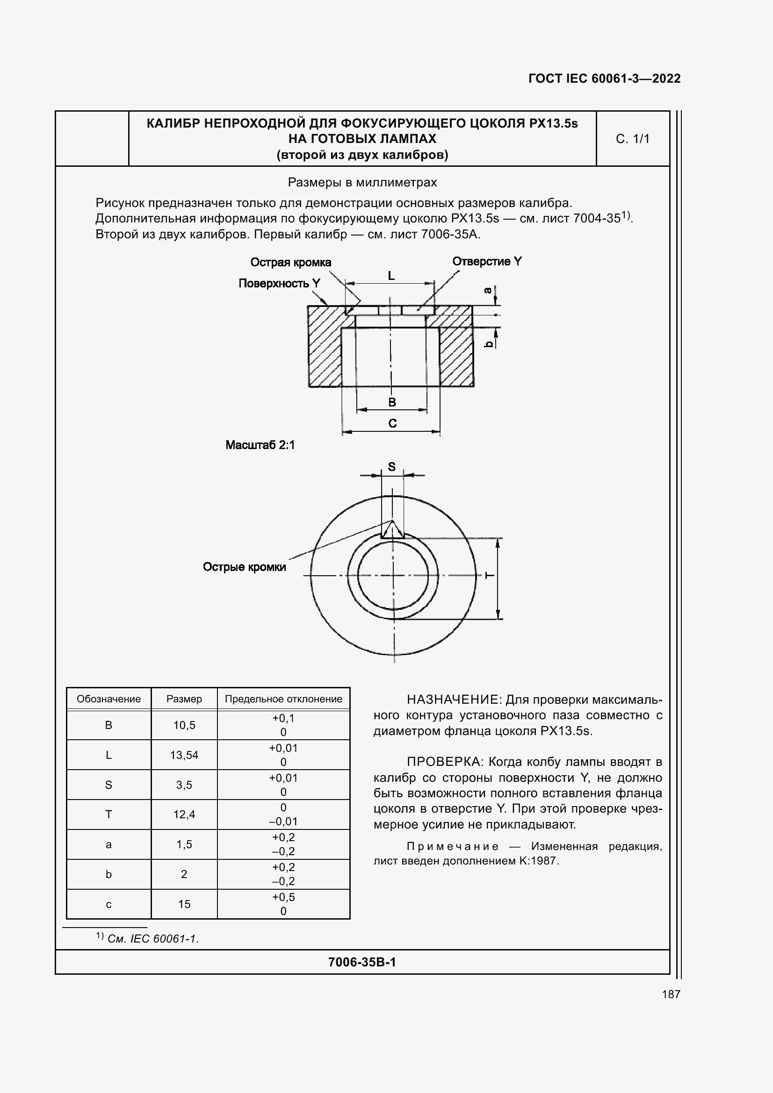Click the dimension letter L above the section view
point(391,276)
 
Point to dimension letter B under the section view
point(392,402)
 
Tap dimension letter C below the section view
point(392,423)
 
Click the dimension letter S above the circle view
point(391,466)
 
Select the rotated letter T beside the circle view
point(490,576)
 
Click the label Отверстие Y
point(487,261)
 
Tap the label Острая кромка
point(290,262)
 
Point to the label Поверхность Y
point(279,283)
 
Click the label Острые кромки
point(244,567)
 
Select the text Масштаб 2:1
point(260,445)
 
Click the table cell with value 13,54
point(184,755)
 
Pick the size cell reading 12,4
point(184,814)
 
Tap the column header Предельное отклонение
point(283,699)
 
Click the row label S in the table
point(108,785)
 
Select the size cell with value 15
point(184,904)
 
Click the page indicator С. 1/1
point(633,139)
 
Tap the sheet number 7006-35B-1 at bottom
point(362,962)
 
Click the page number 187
point(671,994)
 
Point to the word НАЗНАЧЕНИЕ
point(453,700)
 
